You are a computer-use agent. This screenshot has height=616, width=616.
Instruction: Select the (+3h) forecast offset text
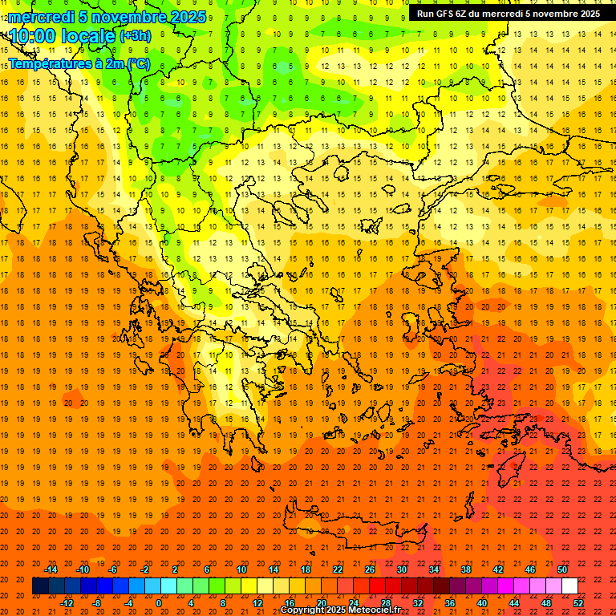point(135,36)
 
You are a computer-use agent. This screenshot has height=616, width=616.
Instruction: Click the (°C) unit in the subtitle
point(137,63)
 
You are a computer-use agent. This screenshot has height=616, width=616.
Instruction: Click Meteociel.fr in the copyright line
point(376,610)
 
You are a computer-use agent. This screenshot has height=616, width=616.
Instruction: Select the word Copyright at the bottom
point(302,610)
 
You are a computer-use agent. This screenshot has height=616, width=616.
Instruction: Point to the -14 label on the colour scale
point(51,569)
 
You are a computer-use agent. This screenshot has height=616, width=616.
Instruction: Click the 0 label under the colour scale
point(158,603)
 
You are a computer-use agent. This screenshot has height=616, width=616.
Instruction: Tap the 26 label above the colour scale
point(370,569)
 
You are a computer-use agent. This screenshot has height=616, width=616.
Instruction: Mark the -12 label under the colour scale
point(67,603)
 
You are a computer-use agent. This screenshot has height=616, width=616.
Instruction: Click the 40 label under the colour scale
point(482,603)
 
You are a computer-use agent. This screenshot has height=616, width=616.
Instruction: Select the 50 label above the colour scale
point(562,569)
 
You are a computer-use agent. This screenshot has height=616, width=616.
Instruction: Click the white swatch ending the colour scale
point(570,586)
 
